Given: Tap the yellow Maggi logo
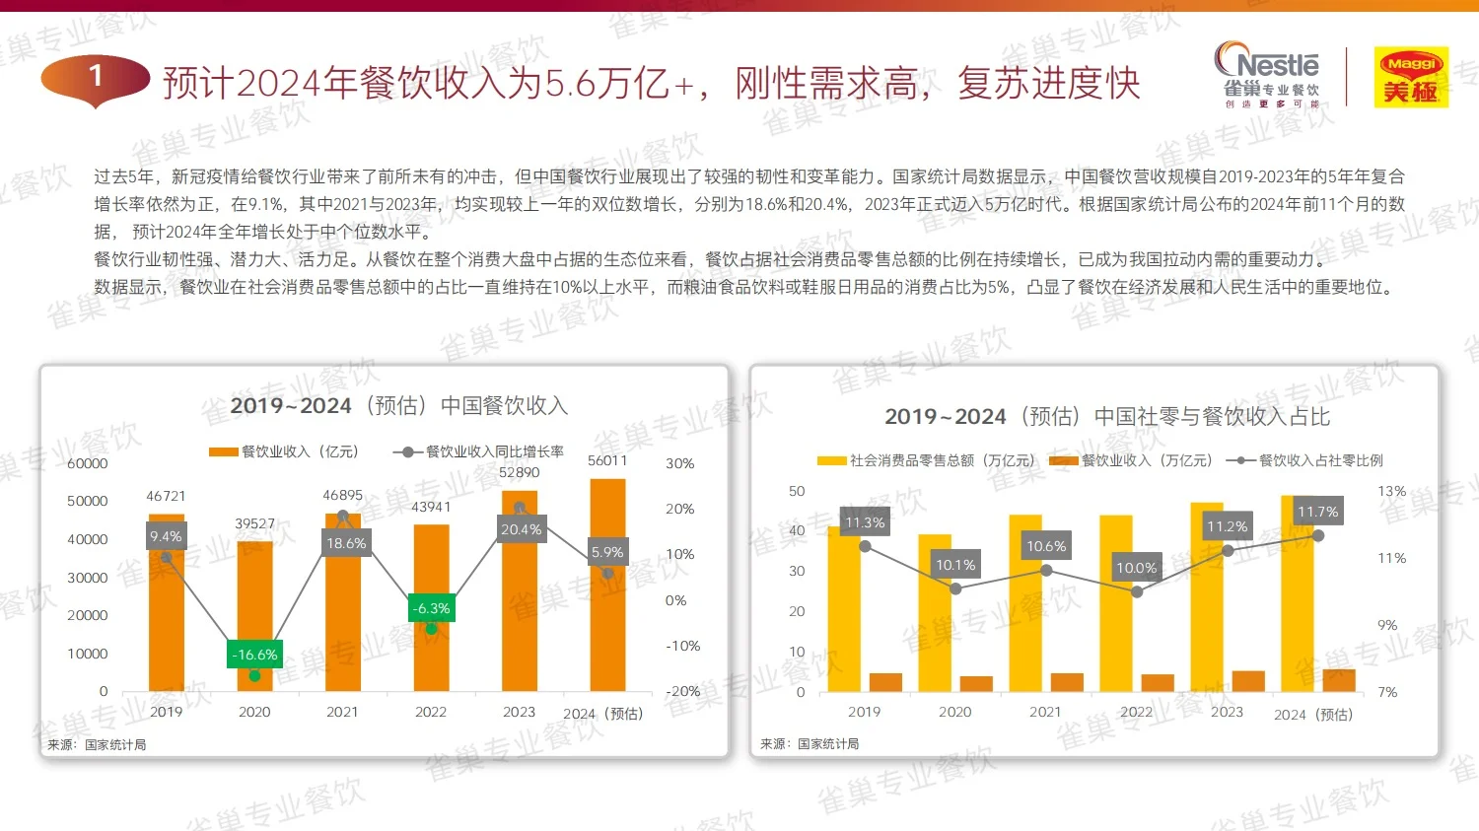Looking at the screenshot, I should click(1411, 77).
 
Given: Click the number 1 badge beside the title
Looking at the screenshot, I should click(96, 77).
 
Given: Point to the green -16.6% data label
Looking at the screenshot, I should click(254, 655).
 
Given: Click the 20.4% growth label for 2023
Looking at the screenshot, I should click(521, 529).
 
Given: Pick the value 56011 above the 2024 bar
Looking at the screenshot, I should click(607, 460).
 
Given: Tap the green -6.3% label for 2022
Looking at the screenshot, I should click(431, 608).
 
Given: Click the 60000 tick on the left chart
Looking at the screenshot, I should click(87, 463).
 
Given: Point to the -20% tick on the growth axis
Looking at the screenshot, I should click(682, 691).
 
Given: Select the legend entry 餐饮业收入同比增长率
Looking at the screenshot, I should click(480, 451).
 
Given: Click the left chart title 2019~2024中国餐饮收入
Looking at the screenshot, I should click(398, 406).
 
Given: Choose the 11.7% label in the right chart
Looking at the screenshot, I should click(1317, 512).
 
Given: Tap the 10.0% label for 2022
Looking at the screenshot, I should click(1136, 568).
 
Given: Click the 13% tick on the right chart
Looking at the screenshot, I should click(1391, 491).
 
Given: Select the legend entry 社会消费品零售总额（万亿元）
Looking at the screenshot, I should click(928, 460).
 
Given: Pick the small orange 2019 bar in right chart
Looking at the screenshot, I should click(885, 682).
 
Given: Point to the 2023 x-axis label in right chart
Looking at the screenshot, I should click(1227, 712).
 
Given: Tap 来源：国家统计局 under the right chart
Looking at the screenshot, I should click(810, 744).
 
